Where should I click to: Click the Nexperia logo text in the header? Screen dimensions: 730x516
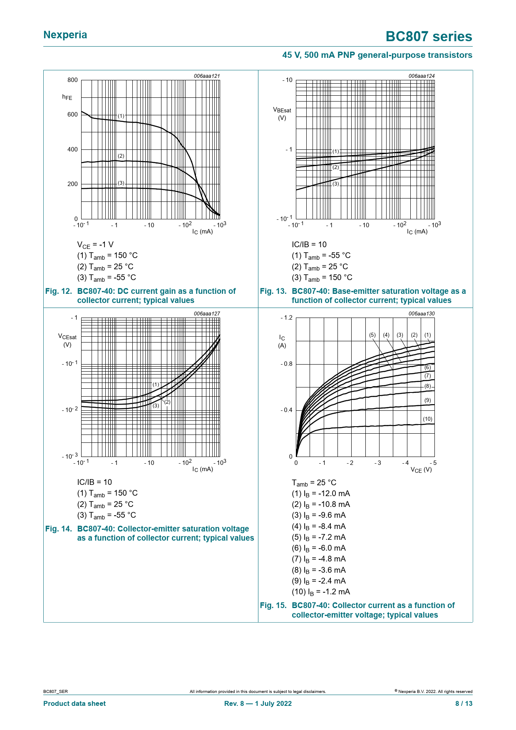click(x=65, y=35)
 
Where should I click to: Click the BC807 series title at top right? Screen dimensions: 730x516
click(x=429, y=37)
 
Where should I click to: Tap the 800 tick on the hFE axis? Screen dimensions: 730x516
click(x=72, y=80)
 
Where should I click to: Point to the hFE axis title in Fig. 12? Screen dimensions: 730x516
click(x=67, y=97)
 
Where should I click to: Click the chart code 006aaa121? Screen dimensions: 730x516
click(x=206, y=76)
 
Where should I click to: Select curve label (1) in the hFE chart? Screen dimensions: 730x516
click(x=121, y=116)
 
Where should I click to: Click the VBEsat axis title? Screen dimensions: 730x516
click(x=282, y=113)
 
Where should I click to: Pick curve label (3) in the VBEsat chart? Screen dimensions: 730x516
click(x=336, y=184)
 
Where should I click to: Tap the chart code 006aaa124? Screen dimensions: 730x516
click(x=421, y=76)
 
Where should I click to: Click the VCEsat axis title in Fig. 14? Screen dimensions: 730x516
click(x=67, y=340)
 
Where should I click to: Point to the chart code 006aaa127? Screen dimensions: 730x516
click(x=206, y=314)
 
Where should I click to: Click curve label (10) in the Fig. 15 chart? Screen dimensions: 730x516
click(x=427, y=419)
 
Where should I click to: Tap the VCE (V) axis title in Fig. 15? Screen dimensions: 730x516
click(x=421, y=470)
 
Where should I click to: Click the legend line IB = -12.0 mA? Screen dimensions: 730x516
click(x=321, y=494)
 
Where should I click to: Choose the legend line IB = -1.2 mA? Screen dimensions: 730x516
click(x=321, y=592)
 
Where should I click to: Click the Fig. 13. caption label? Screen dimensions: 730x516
click(x=273, y=291)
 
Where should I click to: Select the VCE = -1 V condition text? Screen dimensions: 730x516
click(x=95, y=245)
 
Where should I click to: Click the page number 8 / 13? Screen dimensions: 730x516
click(x=464, y=703)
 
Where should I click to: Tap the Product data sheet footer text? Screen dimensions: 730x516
click(x=74, y=703)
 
